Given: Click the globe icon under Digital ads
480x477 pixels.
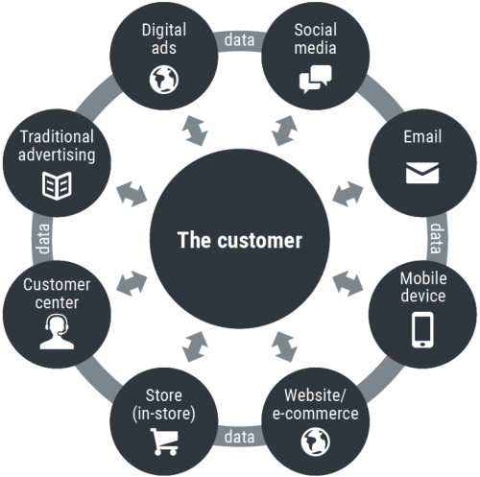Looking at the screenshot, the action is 164,80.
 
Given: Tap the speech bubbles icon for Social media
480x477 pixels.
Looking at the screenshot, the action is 315,79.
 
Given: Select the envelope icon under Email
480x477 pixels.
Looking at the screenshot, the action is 422,173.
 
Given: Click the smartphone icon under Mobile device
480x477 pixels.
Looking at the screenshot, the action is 422,330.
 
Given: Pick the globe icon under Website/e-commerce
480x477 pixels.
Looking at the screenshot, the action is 316,442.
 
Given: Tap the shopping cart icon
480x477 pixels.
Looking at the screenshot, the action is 164,441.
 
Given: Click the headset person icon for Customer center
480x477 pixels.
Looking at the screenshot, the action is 57,332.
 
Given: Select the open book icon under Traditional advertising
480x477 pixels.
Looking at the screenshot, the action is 57,186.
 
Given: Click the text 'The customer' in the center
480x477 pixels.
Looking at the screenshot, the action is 240,240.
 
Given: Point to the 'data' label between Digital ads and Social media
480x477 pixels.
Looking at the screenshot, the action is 240,40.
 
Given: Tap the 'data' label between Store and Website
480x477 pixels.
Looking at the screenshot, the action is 240,437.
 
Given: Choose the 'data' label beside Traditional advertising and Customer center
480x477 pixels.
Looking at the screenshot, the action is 43,239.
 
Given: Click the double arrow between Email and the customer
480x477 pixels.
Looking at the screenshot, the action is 348,194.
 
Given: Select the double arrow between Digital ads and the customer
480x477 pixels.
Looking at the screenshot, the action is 195,131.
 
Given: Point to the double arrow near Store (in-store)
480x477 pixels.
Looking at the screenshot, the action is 195,346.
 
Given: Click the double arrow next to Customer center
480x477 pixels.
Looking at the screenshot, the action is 132,283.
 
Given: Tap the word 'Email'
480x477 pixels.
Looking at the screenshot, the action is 422,137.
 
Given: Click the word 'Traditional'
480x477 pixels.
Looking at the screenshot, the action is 57,136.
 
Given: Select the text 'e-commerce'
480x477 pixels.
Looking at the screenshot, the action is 316,414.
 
